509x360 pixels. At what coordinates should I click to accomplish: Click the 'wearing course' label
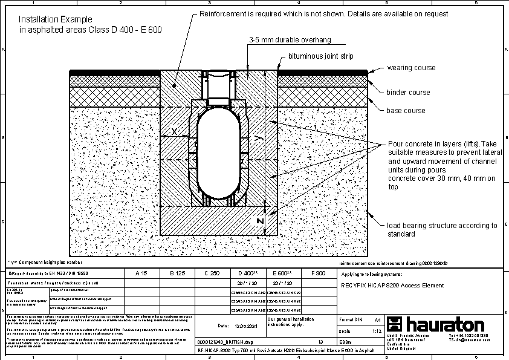pyautogui.click(x=411, y=68)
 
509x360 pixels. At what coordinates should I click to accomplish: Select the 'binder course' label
pyautogui.click(x=408, y=93)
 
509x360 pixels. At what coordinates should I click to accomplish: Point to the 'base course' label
pyautogui.click(x=406, y=111)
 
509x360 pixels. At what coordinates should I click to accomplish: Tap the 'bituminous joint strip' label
pyautogui.click(x=320, y=56)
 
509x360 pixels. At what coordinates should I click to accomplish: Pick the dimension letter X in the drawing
pyautogui.click(x=174, y=131)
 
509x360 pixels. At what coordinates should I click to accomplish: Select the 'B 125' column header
pyautogui.click(x=177, y=273)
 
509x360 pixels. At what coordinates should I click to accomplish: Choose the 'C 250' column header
pyautogui.click(x=212, y=273)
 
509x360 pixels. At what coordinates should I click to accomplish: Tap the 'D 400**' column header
pyautogui.click(x=248, y=273)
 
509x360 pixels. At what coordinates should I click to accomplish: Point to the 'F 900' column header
pyautogui.click(x=317, y=273)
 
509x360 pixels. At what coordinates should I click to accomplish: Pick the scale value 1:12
pyautogui.click(x=376, y=332)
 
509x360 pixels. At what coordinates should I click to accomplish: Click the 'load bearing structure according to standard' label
pyautogui.click(x=442, y=229)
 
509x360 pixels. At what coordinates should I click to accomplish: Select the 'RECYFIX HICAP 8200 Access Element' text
pyautogui.click(x=392, y=286)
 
